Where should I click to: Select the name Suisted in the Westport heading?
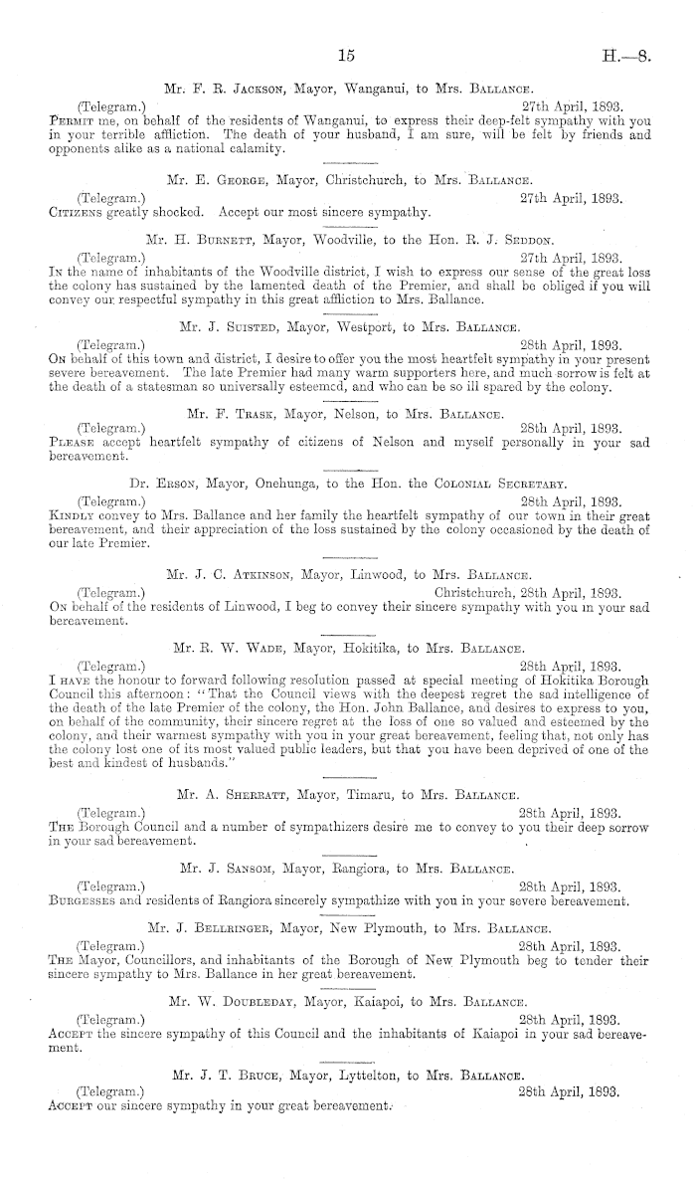pos(251,325)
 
